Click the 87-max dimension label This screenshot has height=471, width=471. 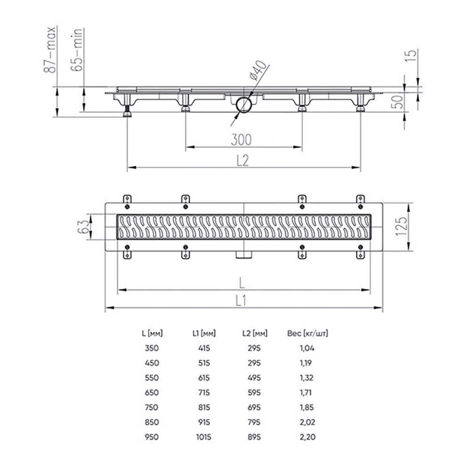pyautogui.click(x=50, y=49)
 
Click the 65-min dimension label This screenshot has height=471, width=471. pyautogui.click(x=78, y=49)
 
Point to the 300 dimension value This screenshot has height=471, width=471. pyautogui.click(x=241, y=139)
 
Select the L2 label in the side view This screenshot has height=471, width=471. pyautogui.click(x=242, y=160)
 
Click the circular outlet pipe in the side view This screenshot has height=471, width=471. pyautogui.click(x=244, y=105)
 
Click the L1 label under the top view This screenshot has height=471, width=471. pyautogui.click(x=242, y=300)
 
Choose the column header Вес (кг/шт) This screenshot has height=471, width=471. pyautogui.click(x=308, y=333)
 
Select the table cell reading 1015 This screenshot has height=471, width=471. pyautogui.click(x=203, y=437)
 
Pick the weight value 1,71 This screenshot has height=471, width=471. pyautogui.click(x=306, y=393)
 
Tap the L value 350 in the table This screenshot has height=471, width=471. pyautogui.click(x=152, y=349)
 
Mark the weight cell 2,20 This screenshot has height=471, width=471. pyautogui.click(x=306, y=437)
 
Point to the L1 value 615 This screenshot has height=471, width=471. pyautogui.click(x=203, y=378)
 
